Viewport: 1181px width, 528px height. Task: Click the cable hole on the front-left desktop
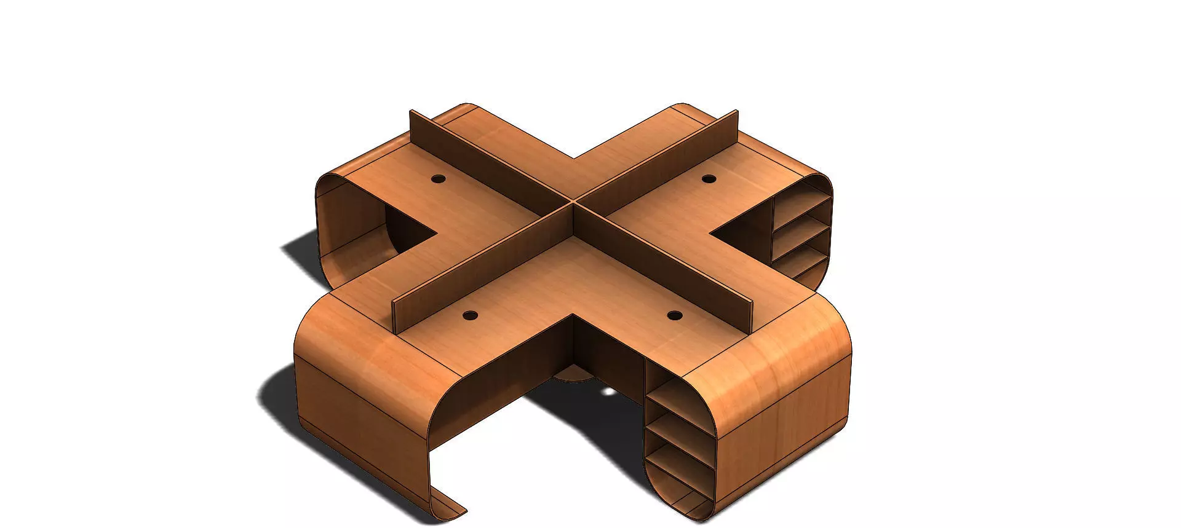coord(470,315)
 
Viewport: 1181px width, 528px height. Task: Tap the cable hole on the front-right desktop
coord(675,316)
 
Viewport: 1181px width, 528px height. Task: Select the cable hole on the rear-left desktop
coord(438,179)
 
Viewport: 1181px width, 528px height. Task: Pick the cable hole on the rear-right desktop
coord(709,179)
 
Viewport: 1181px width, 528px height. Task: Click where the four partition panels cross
coord(573,201)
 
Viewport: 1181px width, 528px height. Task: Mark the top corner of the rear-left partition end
coord(411,111)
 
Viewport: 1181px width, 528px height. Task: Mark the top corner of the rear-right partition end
coord(736,112)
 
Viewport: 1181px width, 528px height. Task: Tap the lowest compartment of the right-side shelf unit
coord(803,270)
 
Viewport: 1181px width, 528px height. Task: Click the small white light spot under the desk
coord(608,392)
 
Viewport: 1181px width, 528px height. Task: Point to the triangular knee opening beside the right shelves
coord(741,237)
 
